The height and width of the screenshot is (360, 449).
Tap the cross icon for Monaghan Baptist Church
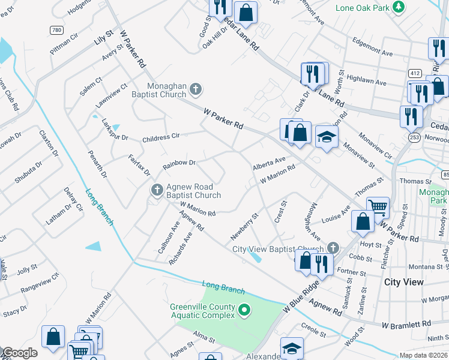(195, 90)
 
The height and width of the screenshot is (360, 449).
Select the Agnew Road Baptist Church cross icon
(157, 190)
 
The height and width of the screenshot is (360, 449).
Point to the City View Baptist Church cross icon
(333, 248)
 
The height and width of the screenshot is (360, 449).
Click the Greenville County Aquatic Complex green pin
(244, 310)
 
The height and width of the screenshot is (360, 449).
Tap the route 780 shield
(56, 30)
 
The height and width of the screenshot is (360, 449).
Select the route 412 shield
(414, 73)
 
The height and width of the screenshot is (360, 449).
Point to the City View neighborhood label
(403, 281)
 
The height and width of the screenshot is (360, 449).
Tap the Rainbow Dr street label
(179, 163)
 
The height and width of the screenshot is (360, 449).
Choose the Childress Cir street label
(161, 137)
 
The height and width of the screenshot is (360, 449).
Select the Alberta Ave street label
(269, 163)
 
